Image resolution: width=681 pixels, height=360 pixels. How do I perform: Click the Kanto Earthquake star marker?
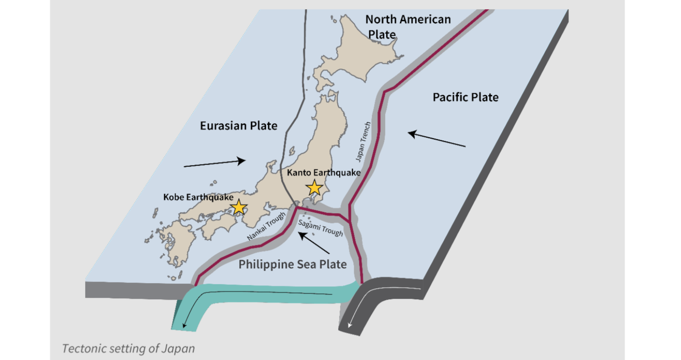tap(315, 188)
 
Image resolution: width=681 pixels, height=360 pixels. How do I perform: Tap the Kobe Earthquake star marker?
tap(239, 207)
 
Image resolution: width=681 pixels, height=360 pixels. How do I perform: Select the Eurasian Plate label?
tap(239, 125)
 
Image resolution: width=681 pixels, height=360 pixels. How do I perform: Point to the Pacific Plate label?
tap(466, 97)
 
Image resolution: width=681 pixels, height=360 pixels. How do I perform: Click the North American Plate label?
tap(407, 26)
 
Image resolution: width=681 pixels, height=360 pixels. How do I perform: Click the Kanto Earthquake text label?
tap(323, 173)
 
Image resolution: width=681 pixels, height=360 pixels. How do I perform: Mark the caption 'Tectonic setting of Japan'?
tap(128, 348)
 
